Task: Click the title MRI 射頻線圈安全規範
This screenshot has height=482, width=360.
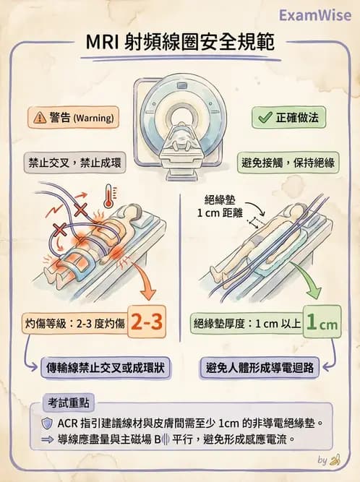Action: pyautogui.click(x=180, y=42)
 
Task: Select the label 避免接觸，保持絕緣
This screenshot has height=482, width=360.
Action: pyautogui.click(x=288, y=162)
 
